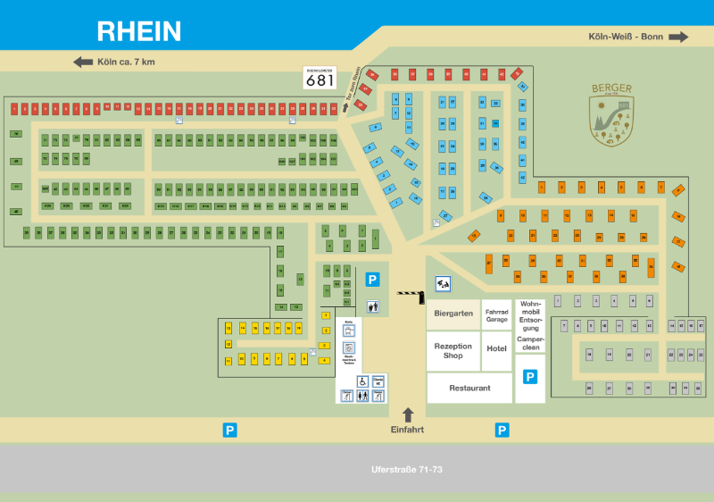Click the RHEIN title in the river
click(138, 31)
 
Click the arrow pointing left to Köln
click(83, 62)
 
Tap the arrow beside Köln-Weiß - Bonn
click(678, 37)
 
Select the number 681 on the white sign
click(320, 80)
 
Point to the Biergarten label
click(452, 314)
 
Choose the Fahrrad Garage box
click(497, 314)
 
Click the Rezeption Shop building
click(452, 350)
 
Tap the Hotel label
click(497, 350)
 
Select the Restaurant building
click(469, 388)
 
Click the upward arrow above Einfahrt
click(408, 414)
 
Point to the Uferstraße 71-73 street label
click(407, 470)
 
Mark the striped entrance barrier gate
click(410, 292)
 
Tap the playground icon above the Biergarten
click(443, 283)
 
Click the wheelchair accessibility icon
click(363, 381)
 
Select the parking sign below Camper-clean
click(529, 377)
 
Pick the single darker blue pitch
click(494, 122)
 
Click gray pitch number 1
click(559, 301)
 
